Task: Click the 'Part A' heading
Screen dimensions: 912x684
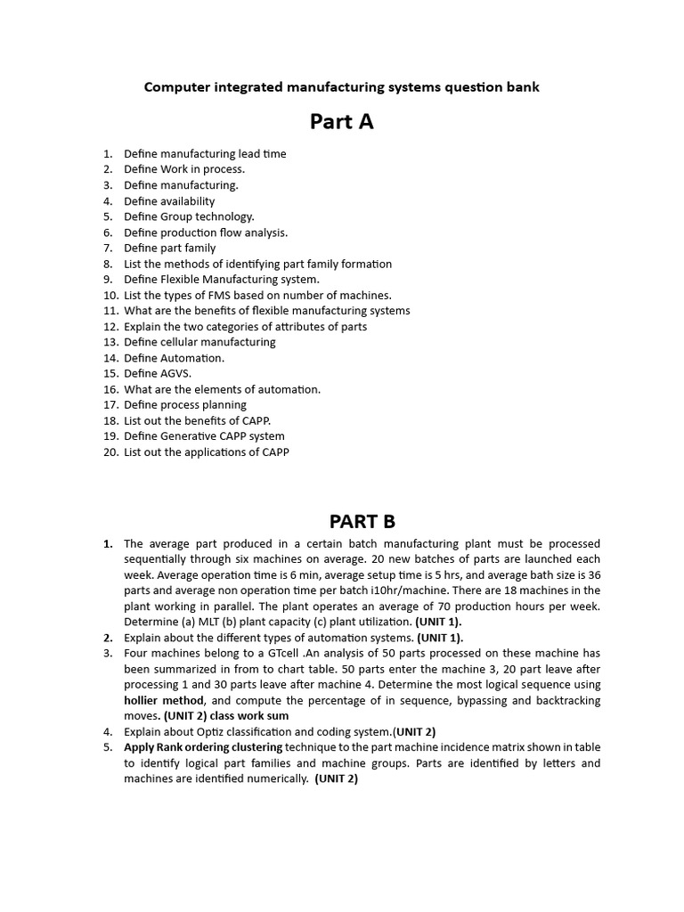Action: coord(341,122)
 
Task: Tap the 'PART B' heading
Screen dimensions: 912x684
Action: coord(362,521)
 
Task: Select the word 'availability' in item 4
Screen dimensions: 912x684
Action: coord(188,201)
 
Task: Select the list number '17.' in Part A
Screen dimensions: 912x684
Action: coord(110,405)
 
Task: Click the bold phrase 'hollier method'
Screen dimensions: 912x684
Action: coord(157,701)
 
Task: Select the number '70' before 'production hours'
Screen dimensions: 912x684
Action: coord(476,607)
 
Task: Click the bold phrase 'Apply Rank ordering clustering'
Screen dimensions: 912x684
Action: coord(203,747)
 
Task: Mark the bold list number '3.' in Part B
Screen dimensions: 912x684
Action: coord(109,654)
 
